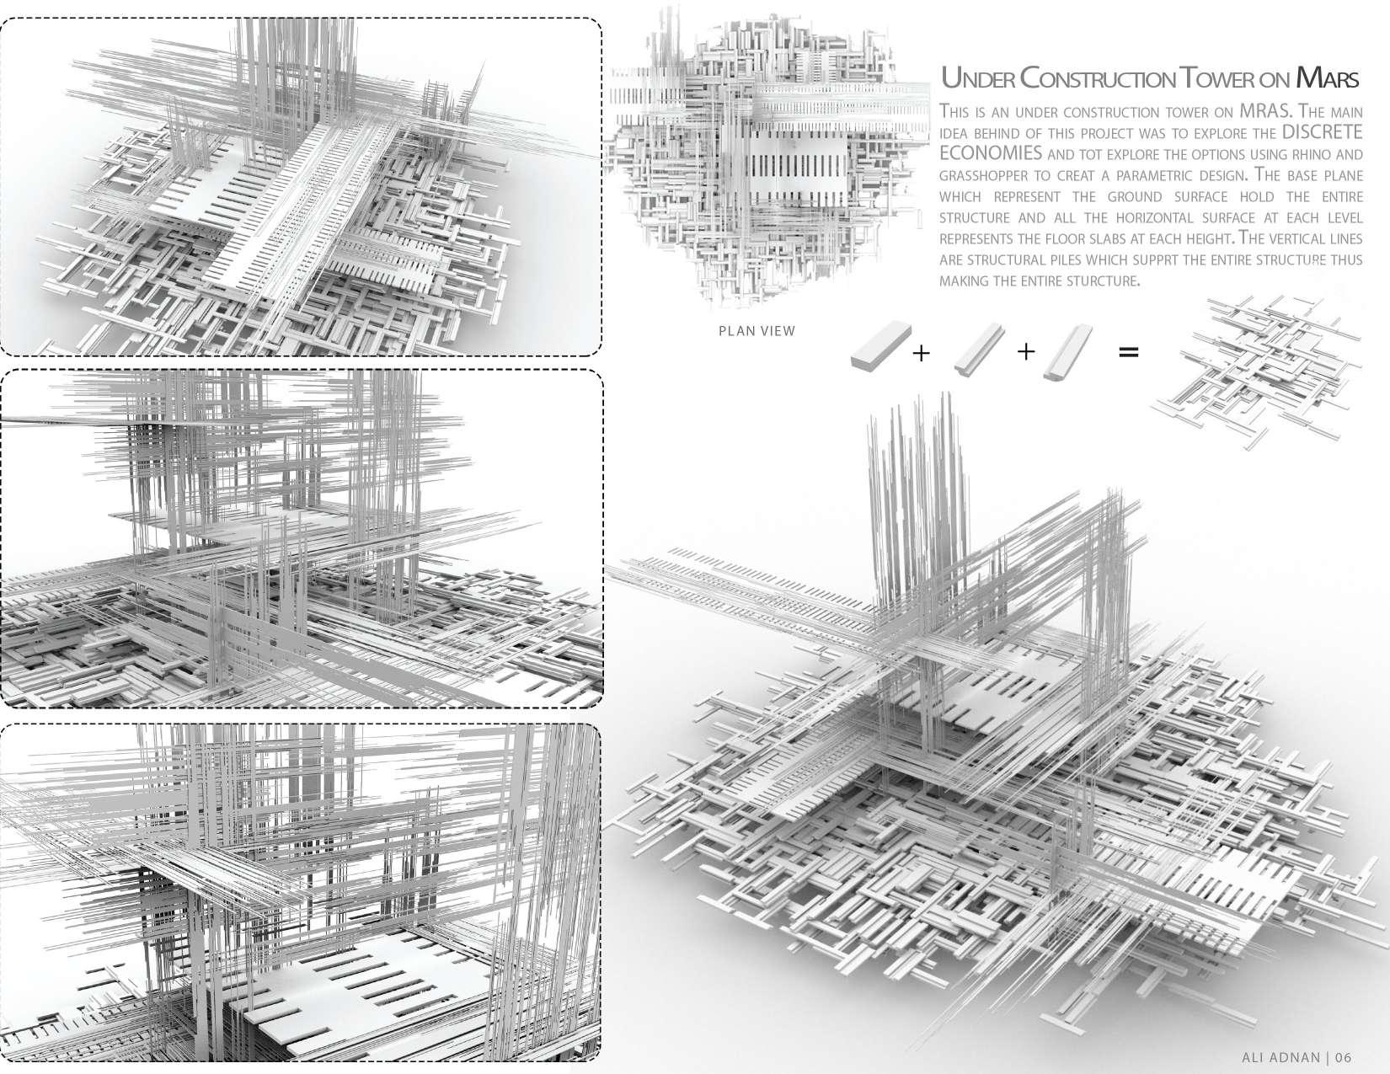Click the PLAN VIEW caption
coord(756,331)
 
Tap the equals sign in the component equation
coord(1128,352)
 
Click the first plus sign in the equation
coord(921,353)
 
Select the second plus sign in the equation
coord(1025,351)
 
